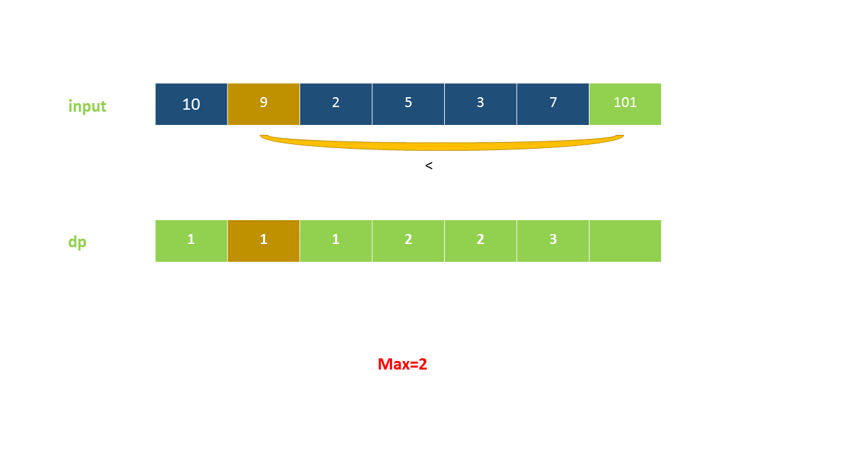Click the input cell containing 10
191,104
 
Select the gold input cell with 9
263,104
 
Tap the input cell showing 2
336,104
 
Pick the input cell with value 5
408,104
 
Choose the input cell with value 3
481,104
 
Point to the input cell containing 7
553,104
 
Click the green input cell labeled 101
625,104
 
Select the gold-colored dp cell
263,241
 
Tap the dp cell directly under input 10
191,241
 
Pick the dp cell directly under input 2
336,241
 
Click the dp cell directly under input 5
408,241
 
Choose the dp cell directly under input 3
481,241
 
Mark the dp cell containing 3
553,241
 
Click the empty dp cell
625,241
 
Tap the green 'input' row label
87,106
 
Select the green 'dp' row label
77,242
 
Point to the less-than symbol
429,166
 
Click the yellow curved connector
441,146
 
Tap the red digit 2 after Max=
423,364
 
